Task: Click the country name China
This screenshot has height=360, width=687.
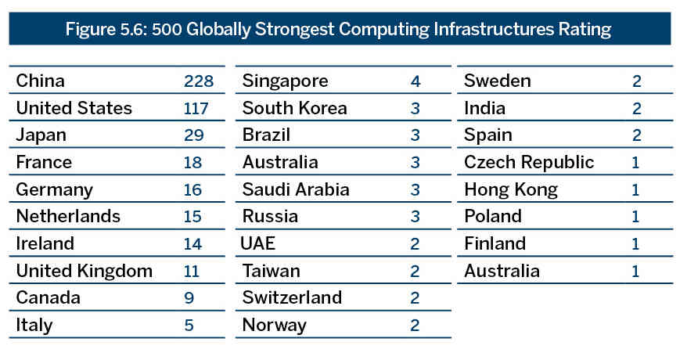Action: click(40, 81)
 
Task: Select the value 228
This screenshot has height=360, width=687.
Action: click(199, 81)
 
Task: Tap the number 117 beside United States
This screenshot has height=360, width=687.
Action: click(196, 108)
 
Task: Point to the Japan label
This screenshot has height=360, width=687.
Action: click(41, 135)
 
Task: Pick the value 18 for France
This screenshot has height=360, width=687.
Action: click(192, 162)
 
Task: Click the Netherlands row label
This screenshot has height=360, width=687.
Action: click(68, 216)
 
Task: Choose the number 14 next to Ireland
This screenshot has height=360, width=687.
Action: click(192, 243)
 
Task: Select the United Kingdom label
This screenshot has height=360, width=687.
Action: click(84, 271)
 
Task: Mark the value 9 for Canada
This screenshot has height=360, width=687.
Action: click(189, 298)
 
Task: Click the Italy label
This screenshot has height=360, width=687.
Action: click(34, 325)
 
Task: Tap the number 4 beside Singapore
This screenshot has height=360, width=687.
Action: click(415, 81)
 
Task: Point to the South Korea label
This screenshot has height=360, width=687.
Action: click(294, 108)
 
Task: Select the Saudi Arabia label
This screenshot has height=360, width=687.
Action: click(296, 189)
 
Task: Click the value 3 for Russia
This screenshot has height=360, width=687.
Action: click(415, 216)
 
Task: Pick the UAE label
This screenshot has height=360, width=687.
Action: click(259, 243)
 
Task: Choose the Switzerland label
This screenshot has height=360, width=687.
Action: click(292, 298)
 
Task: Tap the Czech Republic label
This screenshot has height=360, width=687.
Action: click(529, 162)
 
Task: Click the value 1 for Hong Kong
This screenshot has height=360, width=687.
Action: click(636, 189)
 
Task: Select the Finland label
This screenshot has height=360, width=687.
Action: click(495, 243)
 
